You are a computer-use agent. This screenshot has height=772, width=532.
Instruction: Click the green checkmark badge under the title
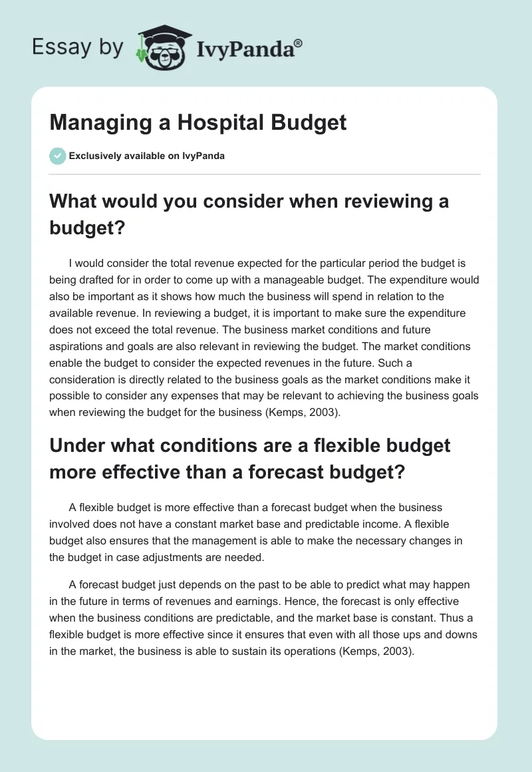pos(57,156)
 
